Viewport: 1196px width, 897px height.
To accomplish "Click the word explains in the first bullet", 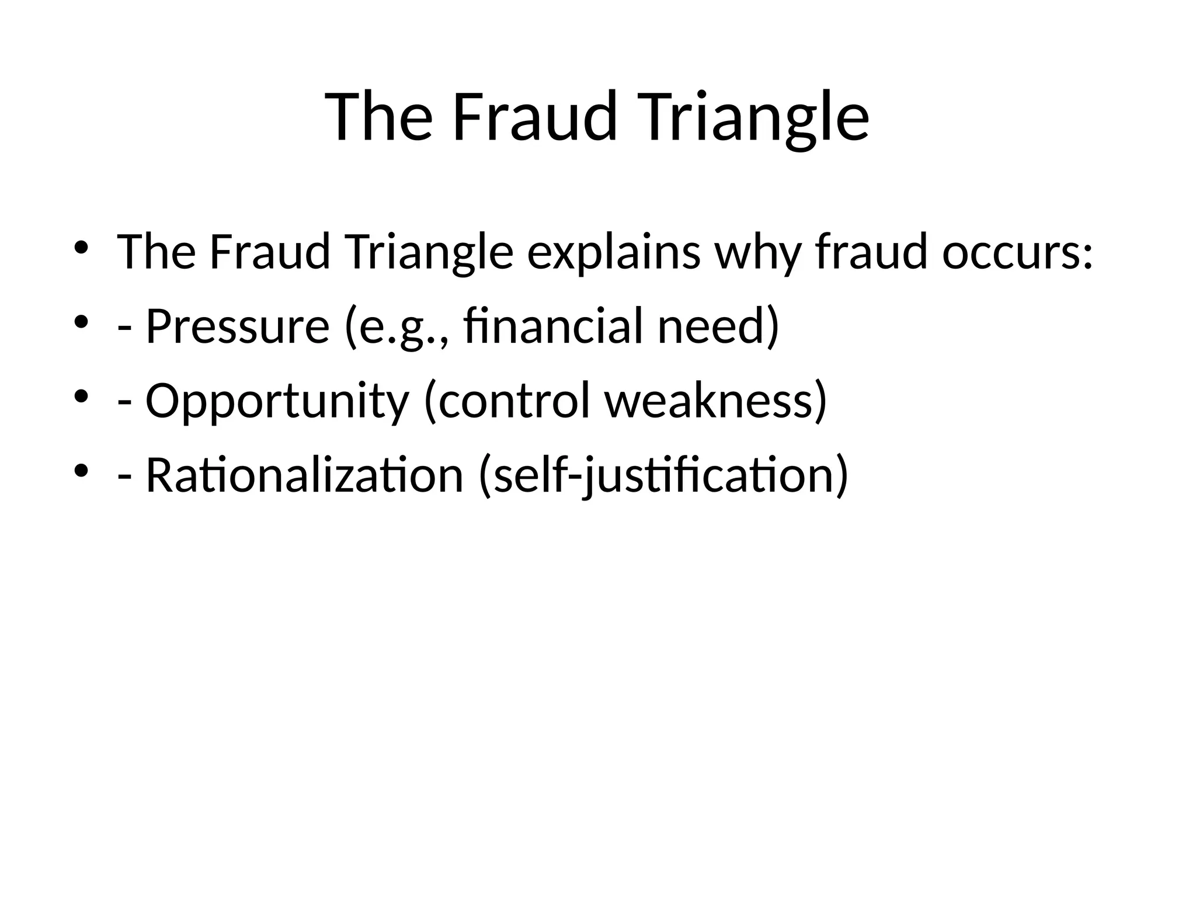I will pos(613,253).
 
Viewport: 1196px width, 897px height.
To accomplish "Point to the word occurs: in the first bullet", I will pos(1017,253).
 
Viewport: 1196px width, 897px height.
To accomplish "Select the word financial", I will pos(555,326).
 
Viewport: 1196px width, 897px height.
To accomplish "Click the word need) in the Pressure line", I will pos(718,326).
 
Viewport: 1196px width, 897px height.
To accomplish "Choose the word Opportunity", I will pos(277,402).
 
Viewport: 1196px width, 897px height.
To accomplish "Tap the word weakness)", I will pos(716,401).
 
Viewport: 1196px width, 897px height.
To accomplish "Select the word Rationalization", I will pos(304,475).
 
